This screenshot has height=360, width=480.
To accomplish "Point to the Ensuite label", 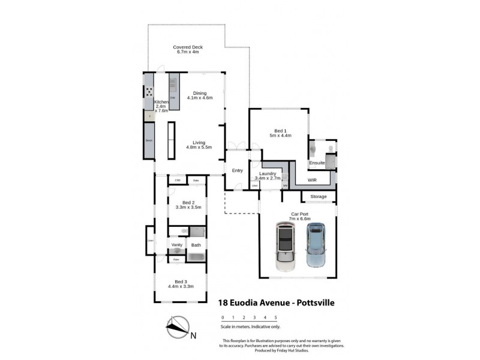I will pos(316,163).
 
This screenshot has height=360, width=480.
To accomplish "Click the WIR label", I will pos(312,179).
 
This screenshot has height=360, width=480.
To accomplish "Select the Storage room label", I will pos(318,196).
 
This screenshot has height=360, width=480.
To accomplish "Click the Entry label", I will pos(237,170).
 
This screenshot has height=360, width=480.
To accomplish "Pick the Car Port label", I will pos(301,214).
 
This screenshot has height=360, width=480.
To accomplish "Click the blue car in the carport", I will pos(316,245).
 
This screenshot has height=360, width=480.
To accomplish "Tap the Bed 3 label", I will pos(182,281).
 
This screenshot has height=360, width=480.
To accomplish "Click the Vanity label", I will pos(177,245).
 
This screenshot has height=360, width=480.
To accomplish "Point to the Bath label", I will pos(196,245).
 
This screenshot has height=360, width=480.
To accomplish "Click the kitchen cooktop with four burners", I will pos(148,92).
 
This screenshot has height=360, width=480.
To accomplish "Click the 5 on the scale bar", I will pos(275,317).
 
